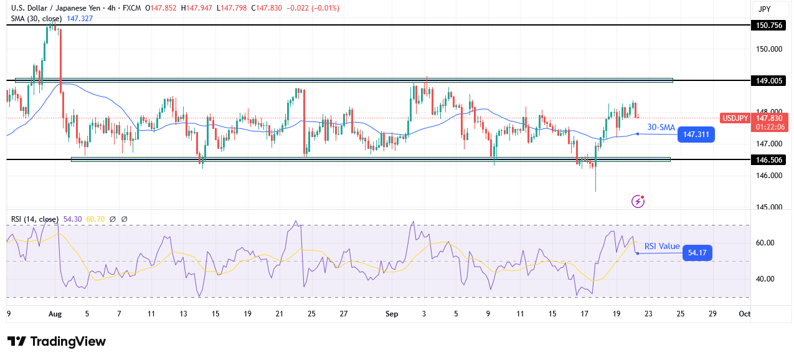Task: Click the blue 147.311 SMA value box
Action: (697, 135)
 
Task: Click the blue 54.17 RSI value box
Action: (697, 253)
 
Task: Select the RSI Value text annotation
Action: (661, 246)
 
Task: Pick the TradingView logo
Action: (57, 341)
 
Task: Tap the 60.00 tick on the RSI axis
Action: (770, 243)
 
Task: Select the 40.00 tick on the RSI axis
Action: (770, 279)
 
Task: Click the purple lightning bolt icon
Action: (638, 201)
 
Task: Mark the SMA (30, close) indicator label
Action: (36, 19)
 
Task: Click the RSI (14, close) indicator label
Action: (34, 219)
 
